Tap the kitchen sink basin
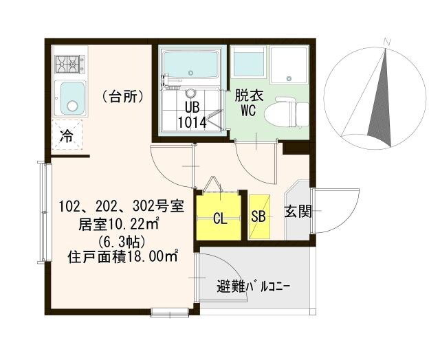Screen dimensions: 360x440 [x=70, y=98]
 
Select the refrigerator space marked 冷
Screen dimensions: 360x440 [x=67, y=135]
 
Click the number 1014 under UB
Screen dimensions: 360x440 [x=192, y=122]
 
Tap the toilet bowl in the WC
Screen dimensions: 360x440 [x=287, y=111]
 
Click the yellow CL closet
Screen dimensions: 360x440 [x=219, y=218]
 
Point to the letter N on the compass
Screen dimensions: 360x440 [x=388, y=43]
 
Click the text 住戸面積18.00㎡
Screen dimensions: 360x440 [x=123, y=258]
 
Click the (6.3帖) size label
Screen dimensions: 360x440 [x=127, y=241]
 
